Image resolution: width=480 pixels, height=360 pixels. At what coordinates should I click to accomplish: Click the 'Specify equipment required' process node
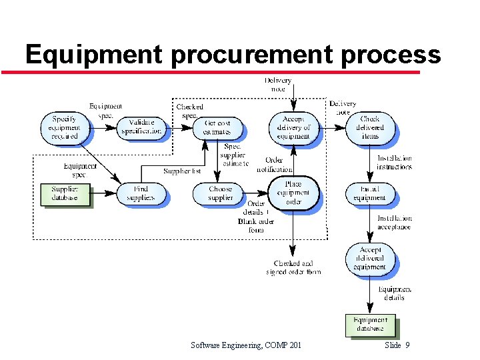65,127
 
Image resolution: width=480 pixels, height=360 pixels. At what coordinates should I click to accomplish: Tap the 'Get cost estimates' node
217,127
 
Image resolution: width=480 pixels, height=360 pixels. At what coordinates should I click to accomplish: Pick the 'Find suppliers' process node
140,193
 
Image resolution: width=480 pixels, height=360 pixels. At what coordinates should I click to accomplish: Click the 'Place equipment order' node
293,193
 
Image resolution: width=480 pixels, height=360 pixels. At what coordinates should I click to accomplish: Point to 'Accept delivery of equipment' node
293,127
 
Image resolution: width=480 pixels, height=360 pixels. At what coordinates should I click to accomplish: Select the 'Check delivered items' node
370,127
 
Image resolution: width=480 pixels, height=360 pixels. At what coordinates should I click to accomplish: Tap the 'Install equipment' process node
370,193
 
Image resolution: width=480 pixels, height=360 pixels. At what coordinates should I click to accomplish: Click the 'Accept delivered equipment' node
370,259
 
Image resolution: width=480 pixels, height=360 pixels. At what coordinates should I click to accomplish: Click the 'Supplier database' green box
65,193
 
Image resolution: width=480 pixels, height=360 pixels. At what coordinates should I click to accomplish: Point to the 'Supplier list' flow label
182,171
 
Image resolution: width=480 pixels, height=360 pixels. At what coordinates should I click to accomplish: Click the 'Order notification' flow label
274,164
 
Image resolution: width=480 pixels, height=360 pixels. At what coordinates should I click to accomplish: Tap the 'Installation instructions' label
394,163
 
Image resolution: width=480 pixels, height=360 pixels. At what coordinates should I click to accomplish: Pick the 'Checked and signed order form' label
293,267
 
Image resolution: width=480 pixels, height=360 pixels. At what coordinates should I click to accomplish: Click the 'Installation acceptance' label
394,223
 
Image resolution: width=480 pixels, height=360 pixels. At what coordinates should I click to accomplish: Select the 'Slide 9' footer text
397,345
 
